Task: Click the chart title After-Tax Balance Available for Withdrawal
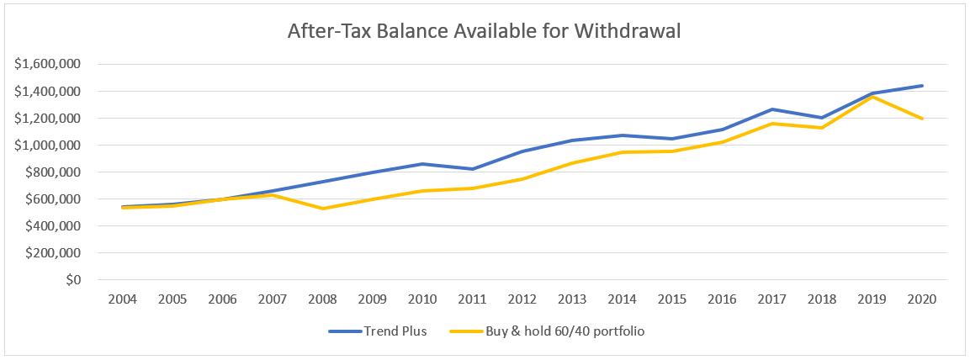(484, 32)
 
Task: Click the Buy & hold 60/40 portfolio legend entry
(565, 331)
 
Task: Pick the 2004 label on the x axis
(123, 299)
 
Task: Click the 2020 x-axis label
(923, 299)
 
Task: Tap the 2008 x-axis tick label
(323, 299)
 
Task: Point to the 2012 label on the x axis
(523, 299)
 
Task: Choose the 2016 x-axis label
(723, 299)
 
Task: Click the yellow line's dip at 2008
(323, 209)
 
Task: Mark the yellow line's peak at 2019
(873, 97)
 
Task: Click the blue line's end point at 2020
(923, 86)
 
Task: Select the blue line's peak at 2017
(773, 109)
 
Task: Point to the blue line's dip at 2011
(473, 169)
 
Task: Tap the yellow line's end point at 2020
(923, 119)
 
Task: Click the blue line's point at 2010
(423, 164)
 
